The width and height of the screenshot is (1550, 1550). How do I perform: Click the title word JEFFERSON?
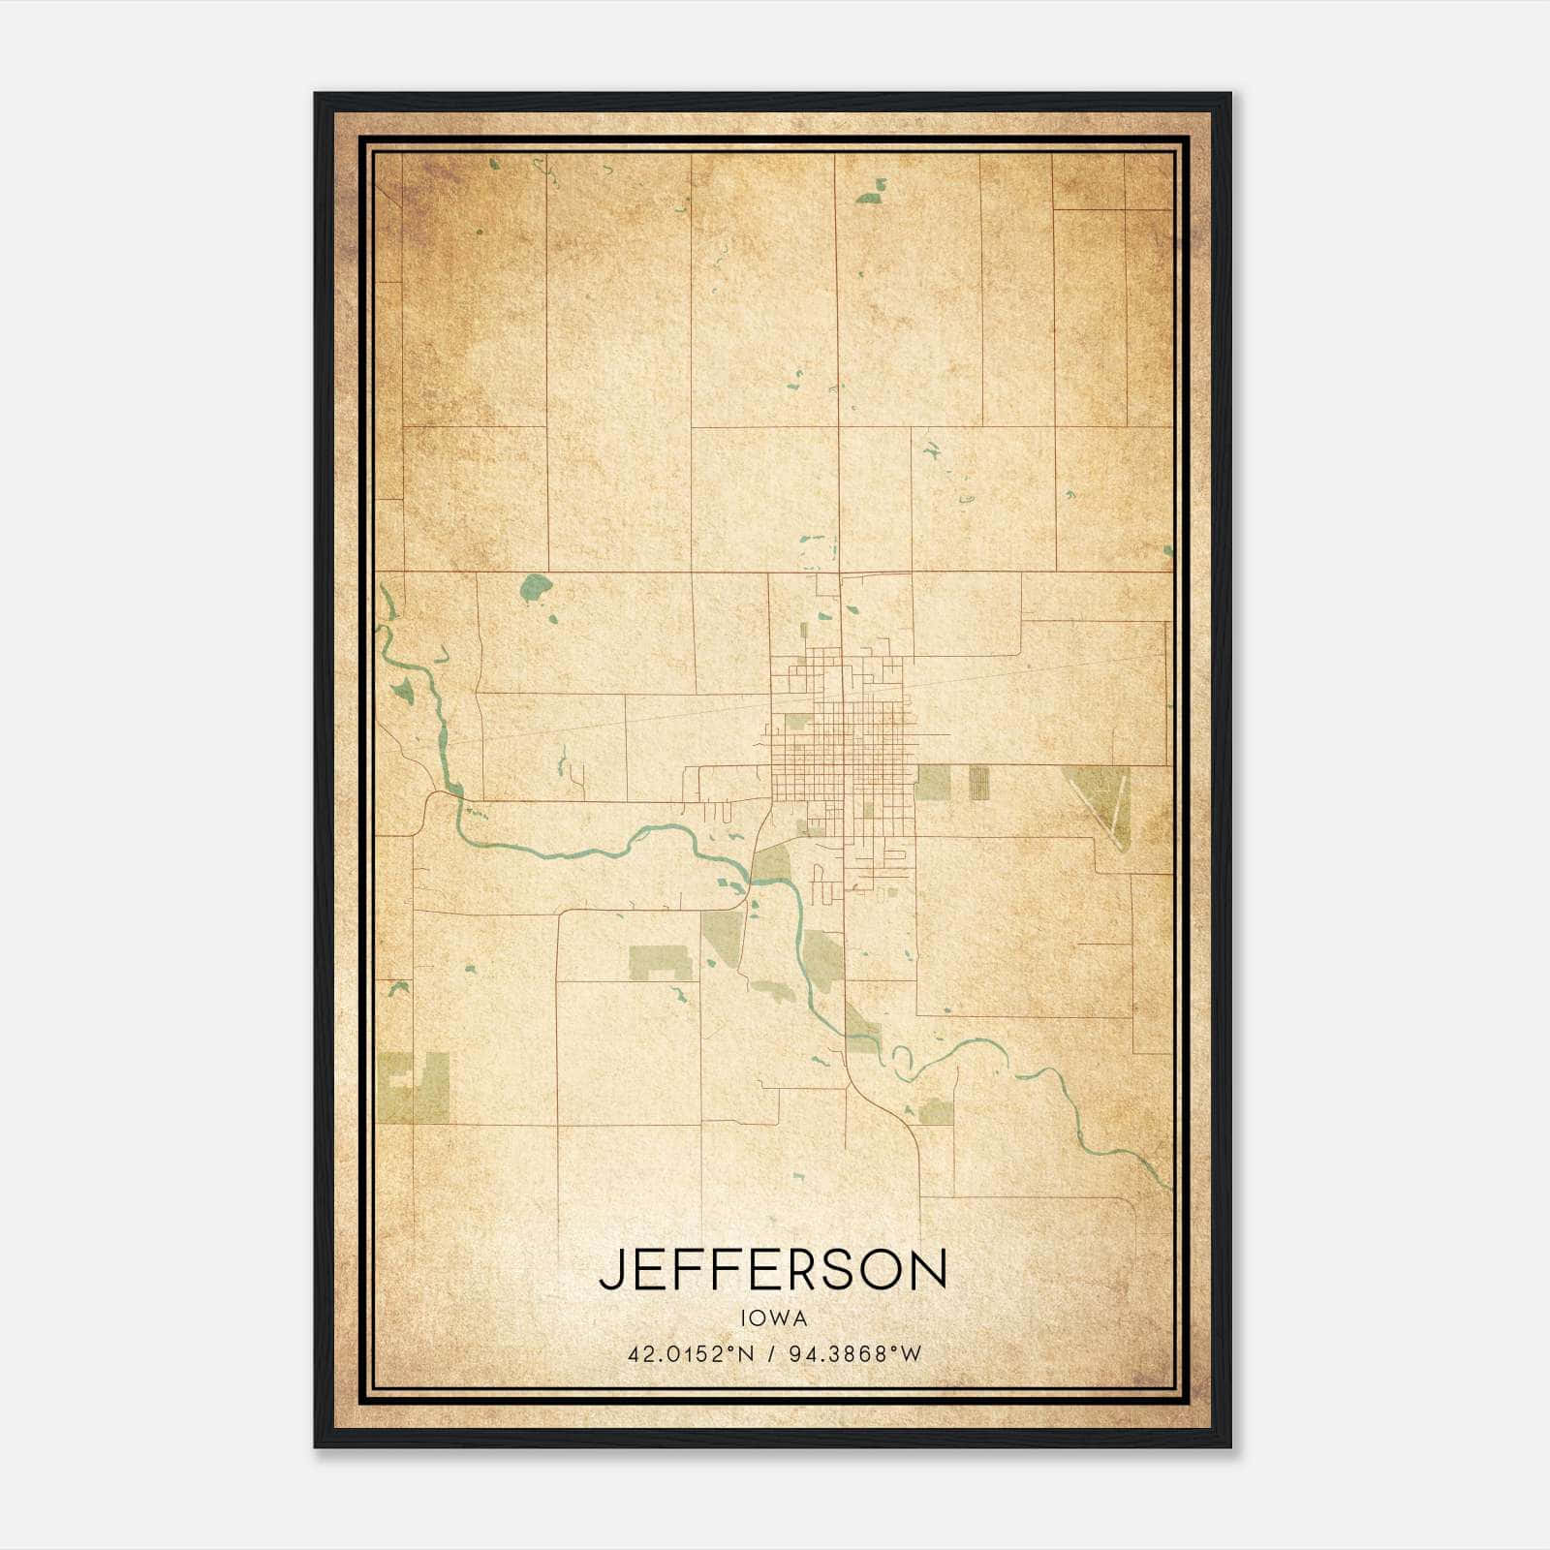pos(772,1270)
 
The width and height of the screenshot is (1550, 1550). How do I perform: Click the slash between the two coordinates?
pos(771,1354)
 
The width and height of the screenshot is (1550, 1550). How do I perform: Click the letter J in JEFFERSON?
pos(609,1270)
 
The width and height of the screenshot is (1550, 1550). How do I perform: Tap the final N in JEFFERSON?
pos(926,1270)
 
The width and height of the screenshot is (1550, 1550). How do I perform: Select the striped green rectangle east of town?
pos(979,783)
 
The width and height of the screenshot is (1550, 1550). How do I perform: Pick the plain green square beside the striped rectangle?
pos(932,783)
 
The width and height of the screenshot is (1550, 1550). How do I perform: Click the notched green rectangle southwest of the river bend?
pos(661,963)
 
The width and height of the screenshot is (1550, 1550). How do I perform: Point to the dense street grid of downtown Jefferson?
pos(843,746)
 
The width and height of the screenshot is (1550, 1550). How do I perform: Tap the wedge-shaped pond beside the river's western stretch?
pos(401,690)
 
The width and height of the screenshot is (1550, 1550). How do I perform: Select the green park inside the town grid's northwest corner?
pos(795,721)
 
